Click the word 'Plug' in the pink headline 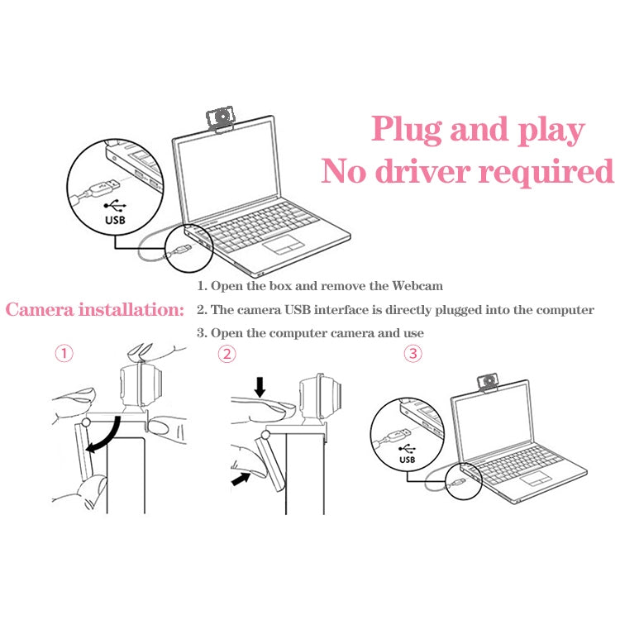pyautogui.click(x=405, y=131)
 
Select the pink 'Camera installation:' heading pyautogui.click(x=94, y=311)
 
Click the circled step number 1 pyautogui.click(x=64, y=354)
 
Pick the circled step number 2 pyautogui.click(x=227, y=354)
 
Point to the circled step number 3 pyautogui.click(x=413, y=354)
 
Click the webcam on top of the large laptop pyautogui.click(x=222, y=121)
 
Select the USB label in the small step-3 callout pyautogui.click(x=408, y=459)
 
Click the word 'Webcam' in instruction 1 pyautogui.click(x=417, y=286)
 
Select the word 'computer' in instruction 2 pyautogui.click(x=566, y=311)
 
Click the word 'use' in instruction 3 pyautogui.click(x=412, y=333)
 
